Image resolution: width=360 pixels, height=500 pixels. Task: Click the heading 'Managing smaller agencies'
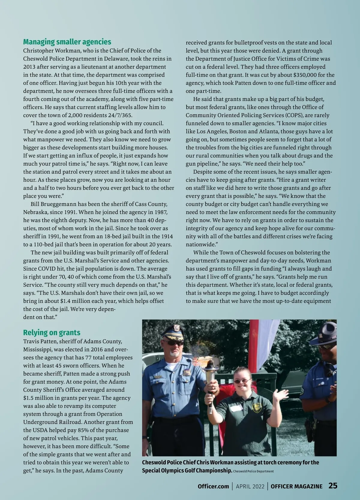[67, 42]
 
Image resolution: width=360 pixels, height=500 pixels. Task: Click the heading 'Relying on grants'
[52, 332]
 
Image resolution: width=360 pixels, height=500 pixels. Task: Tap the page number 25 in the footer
[333, 486]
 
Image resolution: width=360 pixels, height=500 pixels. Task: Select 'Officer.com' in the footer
[213, 486]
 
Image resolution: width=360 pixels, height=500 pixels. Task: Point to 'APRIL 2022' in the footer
[250, 486]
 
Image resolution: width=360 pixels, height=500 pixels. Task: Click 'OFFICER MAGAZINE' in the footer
[296, 486]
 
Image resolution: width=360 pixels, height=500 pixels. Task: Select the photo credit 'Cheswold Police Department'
[253, 471]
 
